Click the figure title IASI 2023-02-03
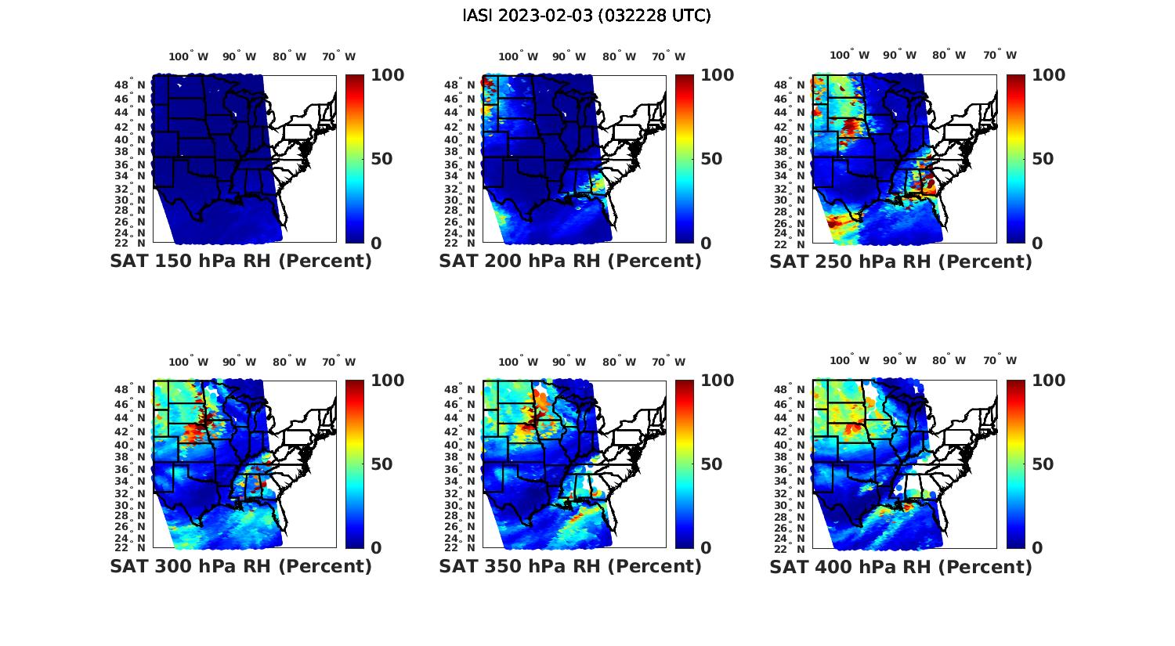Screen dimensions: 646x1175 pyautogui.click(x=587, y=16)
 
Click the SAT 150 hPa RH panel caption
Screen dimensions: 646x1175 pyautogui.click(x=240, y=262)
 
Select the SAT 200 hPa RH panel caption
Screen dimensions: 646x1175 pyautogui.click(x=570, y=262)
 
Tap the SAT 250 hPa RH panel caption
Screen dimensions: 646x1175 pyautogui.click(x=901, y=262)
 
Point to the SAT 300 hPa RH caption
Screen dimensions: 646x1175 pyautogui.click(x=240, y=566)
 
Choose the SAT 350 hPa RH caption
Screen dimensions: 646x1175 pyautogui.click(x=570, y=566)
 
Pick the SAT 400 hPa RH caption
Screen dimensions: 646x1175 pyautogui.click(x=901, y=566)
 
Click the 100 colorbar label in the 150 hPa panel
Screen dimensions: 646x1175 pyautogui.click(x=387, y=75)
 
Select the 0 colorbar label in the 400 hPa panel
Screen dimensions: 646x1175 pyautogui.click(x=1037, y=548)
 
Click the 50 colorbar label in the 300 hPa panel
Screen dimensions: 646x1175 pyautogui.click(x=381, y=464)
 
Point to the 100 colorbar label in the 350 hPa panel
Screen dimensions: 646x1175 pyautogui.click(x=718, y=381)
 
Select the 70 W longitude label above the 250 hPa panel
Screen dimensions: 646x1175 pyautogui.click(x=1000, y=56)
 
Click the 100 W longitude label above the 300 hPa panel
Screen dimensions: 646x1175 pyautogui.click(x=189, y=362)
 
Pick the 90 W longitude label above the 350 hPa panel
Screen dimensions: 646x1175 pyautogui.click(x=569, y=362)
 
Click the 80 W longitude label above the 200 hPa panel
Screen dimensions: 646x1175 pyautogui.click(x=618, y=56)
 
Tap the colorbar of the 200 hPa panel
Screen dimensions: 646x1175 pyautogui.click(x=684, y=159)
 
